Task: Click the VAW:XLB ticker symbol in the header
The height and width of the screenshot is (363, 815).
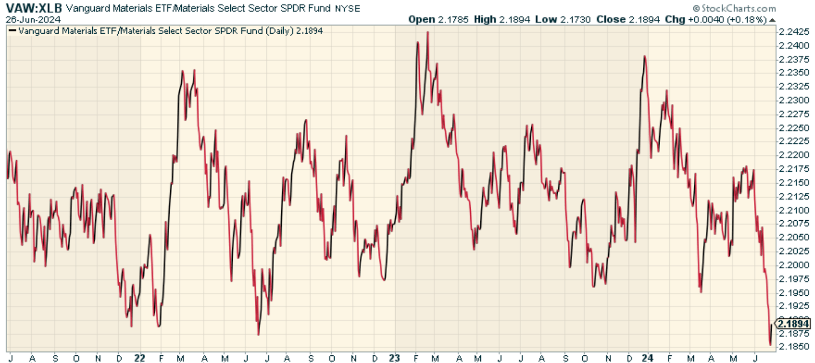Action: tap(34, 9)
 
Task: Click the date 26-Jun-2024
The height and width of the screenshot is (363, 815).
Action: tap(33, 19)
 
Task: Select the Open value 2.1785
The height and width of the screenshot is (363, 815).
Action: tap(453, 19)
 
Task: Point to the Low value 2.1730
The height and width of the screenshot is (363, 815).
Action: tap(575, 19)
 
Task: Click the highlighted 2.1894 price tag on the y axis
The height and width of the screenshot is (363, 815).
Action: tap(793, 324)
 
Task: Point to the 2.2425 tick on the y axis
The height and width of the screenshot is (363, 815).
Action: tap(794, 32)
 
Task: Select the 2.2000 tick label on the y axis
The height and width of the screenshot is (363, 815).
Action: tap(794, 265)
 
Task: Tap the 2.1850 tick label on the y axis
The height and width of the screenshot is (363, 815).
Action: tap(794, 347)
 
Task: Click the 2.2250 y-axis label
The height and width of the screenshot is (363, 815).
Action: tap(794, 127)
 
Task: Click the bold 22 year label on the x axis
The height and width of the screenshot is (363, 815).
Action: tap(140, 358)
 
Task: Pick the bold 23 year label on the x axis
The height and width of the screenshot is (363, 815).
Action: tap(394, 358)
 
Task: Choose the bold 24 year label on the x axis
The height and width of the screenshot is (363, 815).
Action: tap(647, 358)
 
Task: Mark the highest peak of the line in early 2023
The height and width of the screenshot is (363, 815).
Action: tap(427, 32)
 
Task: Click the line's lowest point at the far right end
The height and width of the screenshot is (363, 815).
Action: tap(770, 345)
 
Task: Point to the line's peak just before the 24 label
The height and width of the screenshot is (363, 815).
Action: tap(645, 57)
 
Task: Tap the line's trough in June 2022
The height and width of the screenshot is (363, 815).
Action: tap(258, 334)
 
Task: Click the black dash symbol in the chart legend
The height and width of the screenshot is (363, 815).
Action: tap(13, 31)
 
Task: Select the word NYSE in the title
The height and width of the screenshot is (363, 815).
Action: tap(347, 9)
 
